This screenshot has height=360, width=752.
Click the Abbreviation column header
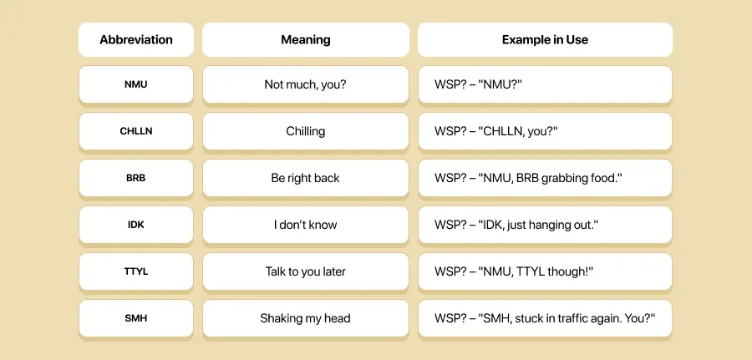point(136,39)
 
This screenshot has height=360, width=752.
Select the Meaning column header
point(306,39)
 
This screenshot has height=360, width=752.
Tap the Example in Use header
point(545,39)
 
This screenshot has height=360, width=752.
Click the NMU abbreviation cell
point(136,84)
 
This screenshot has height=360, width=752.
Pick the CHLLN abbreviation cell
point(136,131)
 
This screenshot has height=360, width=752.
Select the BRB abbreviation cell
point(136,178)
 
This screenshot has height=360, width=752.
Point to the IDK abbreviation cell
point(136,225)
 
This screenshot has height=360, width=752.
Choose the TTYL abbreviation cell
point(136,271)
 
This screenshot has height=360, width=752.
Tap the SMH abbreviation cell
point(136,318)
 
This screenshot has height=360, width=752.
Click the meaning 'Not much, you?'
point(306,84)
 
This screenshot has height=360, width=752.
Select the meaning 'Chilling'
point(306,131)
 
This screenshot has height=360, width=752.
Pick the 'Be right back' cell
point(306,178)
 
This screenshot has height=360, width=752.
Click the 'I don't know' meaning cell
point(306,225)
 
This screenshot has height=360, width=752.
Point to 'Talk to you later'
point(306,271)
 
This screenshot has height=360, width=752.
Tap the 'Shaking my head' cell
point(306,318)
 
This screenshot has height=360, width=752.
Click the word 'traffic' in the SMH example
point(582,318)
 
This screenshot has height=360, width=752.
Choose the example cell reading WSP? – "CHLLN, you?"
point(545,131)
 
